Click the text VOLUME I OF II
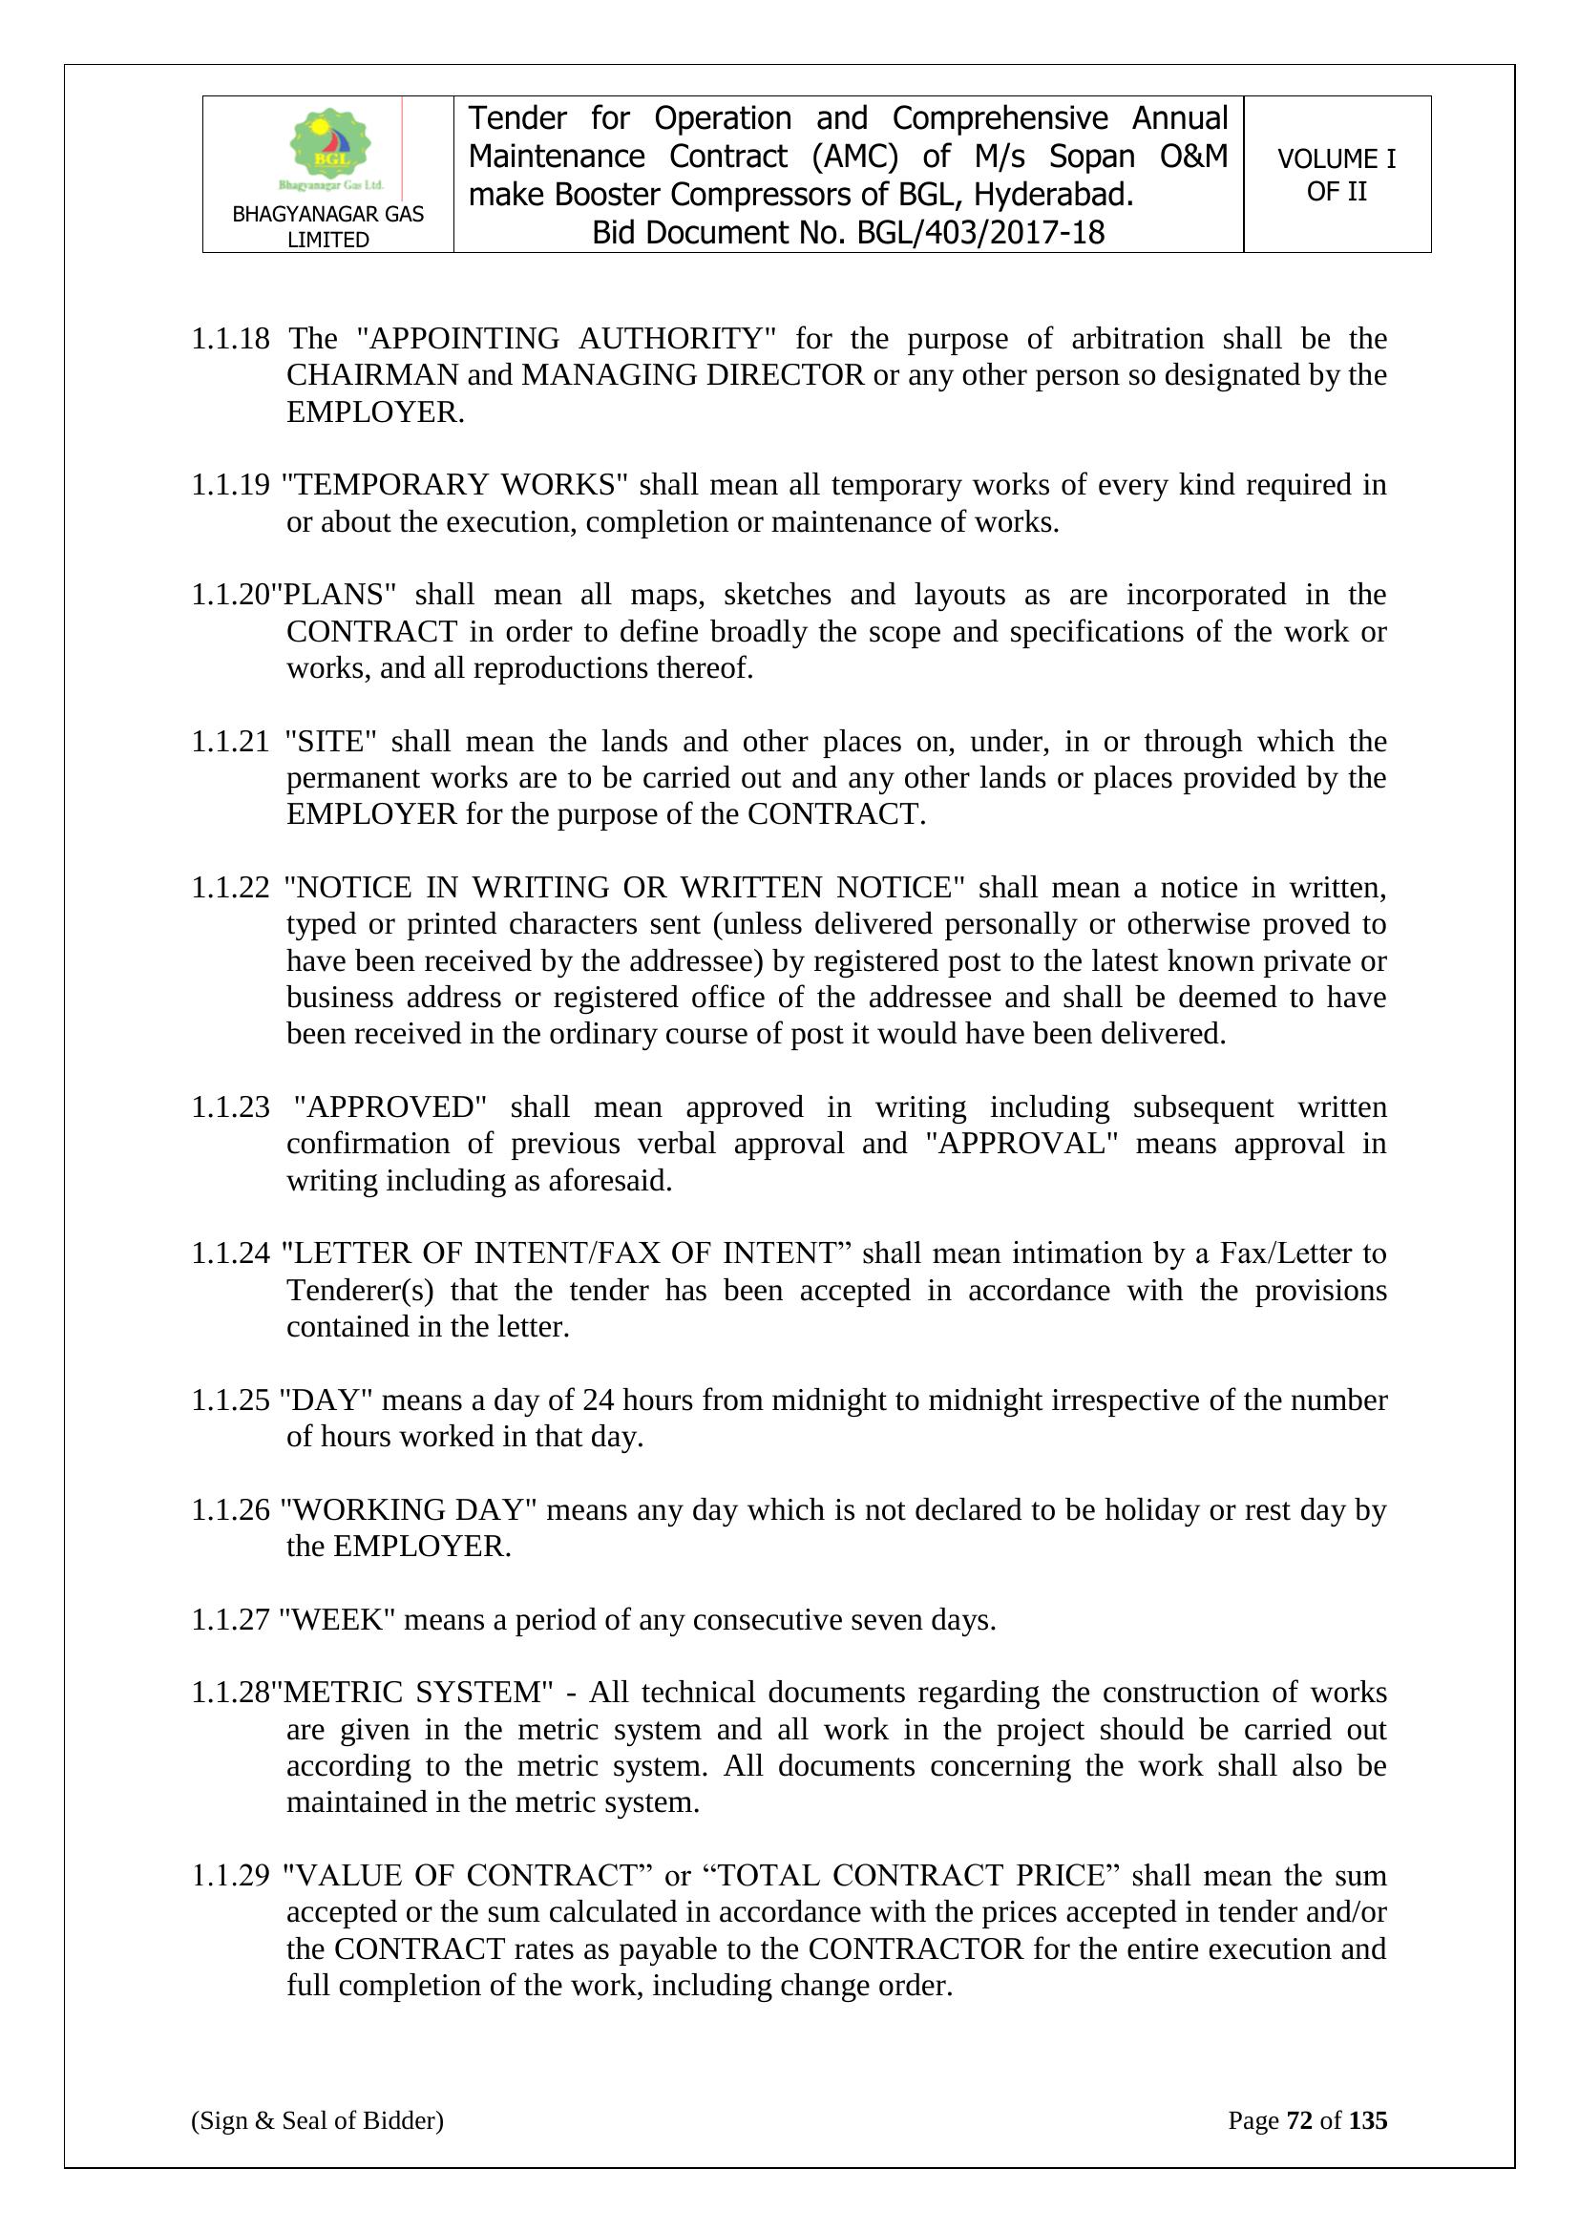point(1336,175)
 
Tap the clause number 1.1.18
point(229,338)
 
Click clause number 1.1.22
point(229,888)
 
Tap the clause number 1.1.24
point(229,1253)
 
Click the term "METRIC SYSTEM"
point(412,1693)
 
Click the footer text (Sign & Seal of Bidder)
point(317,2120)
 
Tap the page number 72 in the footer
point(1300,2120)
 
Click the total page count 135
point(1367,2120)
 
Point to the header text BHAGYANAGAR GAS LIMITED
point(327,226)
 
